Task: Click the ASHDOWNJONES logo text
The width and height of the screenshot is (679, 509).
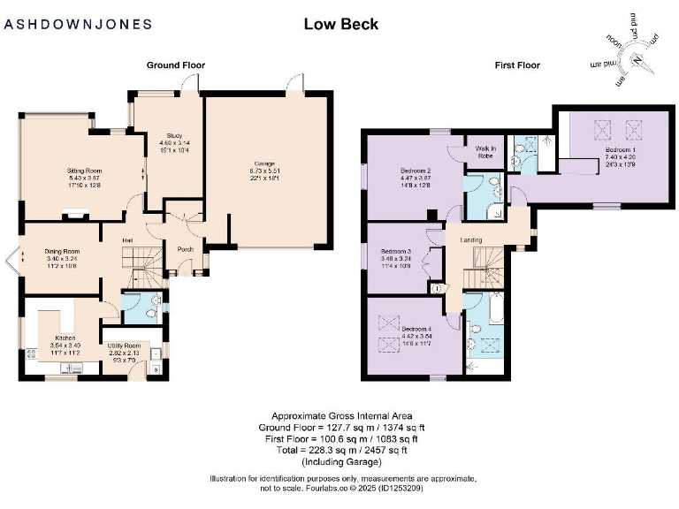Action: [78, 25]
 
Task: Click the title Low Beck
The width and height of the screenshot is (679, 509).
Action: [340, 24]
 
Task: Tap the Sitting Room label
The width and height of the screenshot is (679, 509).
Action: [86, 171]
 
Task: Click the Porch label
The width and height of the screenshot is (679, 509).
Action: [186, 248]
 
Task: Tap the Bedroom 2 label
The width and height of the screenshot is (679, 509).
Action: [416, 171]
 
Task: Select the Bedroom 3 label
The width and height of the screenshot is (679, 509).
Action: [397, 252]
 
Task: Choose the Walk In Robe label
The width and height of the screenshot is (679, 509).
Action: [485, 151]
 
